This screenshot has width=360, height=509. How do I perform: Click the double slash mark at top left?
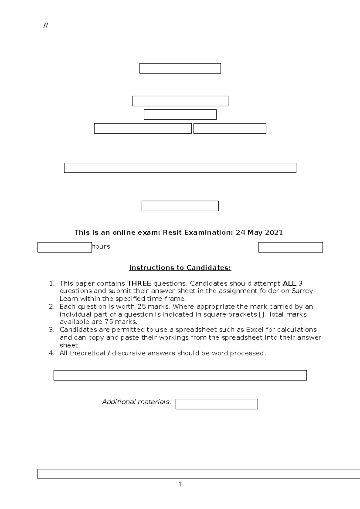46,25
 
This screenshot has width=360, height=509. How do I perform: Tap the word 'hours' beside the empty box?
101,246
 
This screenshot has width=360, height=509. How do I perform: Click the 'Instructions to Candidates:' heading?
180,268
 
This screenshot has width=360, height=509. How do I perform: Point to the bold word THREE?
139,283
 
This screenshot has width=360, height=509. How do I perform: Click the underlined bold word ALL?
289,283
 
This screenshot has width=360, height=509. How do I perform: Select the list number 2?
52,306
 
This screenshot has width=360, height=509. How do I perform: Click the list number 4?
52,353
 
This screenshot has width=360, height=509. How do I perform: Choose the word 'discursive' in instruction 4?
127,353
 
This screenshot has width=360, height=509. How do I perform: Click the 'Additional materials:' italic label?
137,402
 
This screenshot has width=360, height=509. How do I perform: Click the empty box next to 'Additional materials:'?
217,404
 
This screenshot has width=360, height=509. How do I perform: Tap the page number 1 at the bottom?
180,484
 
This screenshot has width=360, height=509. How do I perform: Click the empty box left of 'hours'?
64,247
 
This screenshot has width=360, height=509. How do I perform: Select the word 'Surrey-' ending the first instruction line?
303,291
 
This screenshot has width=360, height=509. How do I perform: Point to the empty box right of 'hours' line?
290,247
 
